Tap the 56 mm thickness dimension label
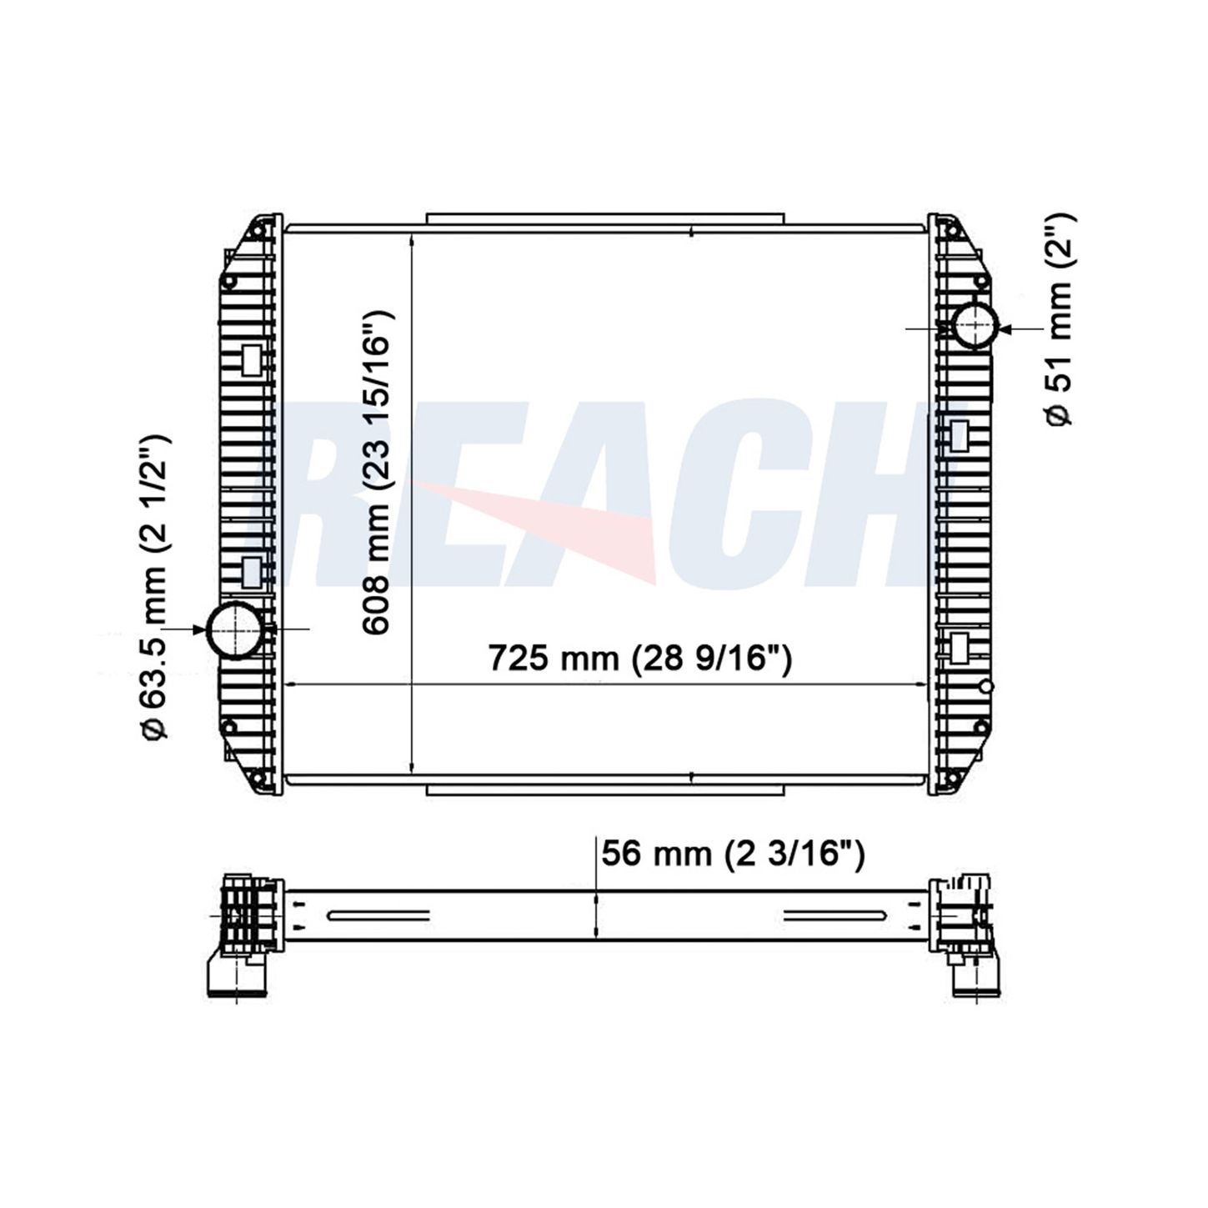click(733, 853)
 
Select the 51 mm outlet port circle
click(975, 325)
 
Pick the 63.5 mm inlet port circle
click(235, 629)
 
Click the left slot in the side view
click(378, 916)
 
